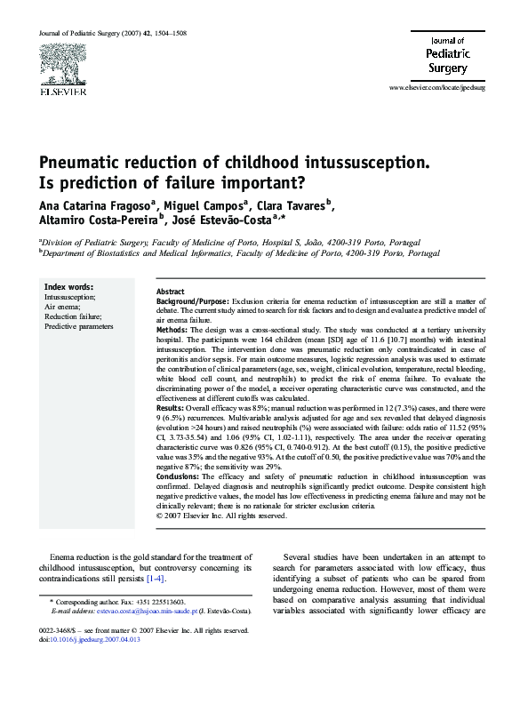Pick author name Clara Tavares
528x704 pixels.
[x=286, y=206]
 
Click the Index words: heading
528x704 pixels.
[x=68, y=287]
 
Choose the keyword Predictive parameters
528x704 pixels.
[x=79, y=326]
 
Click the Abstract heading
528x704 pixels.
[x=170, y=292]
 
